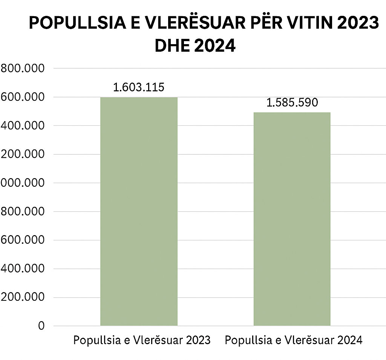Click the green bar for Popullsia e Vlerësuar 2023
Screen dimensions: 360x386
click(x=139, y=211)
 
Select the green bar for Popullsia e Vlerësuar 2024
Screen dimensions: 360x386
click(x=292, y=219)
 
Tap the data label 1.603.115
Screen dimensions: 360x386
click(x=139, y=88)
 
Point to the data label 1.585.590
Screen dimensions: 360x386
click(x=292, y=103)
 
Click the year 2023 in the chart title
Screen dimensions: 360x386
click(x=358, y=23)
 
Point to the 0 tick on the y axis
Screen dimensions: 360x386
click(x=41, y=326)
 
